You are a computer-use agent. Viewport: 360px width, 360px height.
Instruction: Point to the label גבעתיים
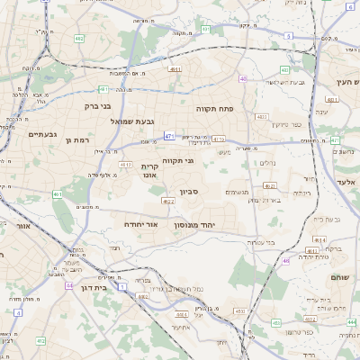click(42, 135)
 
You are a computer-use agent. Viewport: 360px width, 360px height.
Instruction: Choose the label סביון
click(188, 191)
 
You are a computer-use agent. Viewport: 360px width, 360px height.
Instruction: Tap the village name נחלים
click(267, 163)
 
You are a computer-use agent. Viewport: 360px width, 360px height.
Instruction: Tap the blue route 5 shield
click(288, 36)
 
